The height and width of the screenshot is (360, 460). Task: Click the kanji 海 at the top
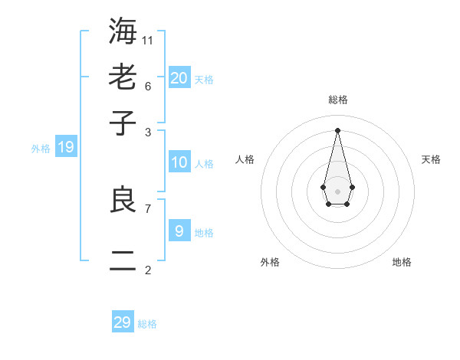click(x=123, y=31)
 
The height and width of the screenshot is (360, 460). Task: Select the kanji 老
click(x=123, y=77)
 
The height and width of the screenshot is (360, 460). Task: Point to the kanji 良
click(x=123, y=200)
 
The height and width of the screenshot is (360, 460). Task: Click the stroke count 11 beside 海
click(x=148, y=40)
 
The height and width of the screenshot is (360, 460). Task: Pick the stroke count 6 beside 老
click(x=148, y=85)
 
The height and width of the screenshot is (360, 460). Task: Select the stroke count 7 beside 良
click(x=148, y=208)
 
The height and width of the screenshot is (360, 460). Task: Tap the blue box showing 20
click(x=179, y=77)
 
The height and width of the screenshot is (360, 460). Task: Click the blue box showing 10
click(x=179, y=162)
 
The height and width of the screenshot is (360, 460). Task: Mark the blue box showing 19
click(x=66, y=147)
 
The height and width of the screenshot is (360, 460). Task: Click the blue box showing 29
click(x=123, y=322)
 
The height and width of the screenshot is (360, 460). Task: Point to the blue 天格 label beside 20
click(x=204, y=80)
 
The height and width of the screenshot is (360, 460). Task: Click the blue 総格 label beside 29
click(x=147, y=325)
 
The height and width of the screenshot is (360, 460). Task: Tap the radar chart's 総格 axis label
click(x=338, y=100)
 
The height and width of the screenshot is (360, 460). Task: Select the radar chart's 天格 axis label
click(x=431, y=159)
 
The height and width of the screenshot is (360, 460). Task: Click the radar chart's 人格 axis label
click(x=245, y=159)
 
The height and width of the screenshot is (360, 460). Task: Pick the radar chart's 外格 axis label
click(x=270, y=262)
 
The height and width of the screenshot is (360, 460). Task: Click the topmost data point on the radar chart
click(x=338, y=130)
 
